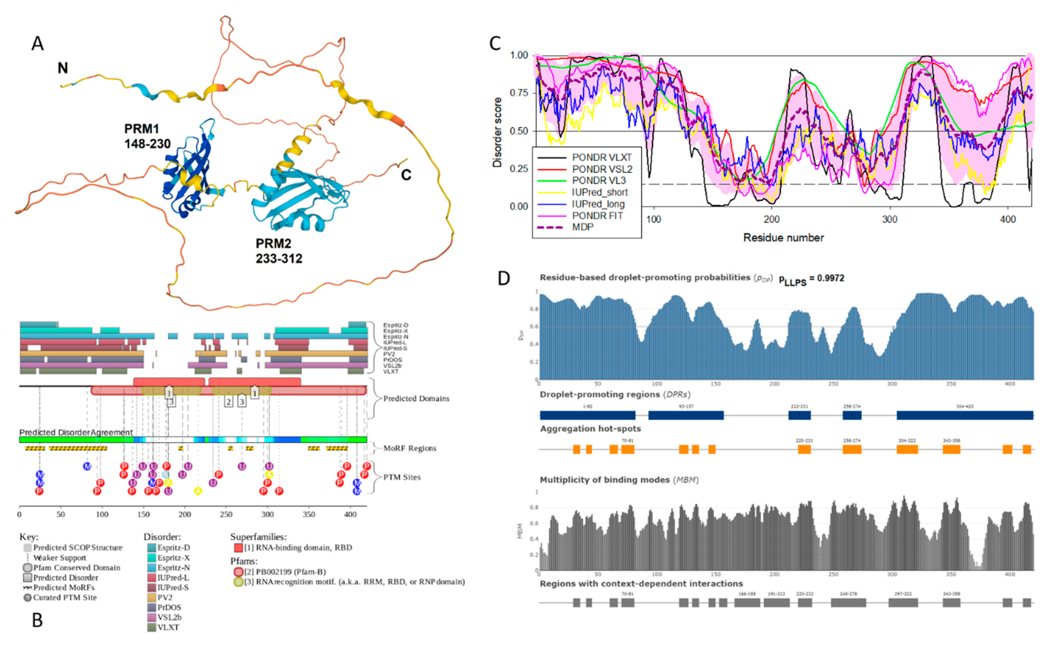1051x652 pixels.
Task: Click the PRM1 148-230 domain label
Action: [147, 136]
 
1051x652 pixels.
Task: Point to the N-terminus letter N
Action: [63, 68]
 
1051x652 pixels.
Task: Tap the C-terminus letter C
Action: [406, 175]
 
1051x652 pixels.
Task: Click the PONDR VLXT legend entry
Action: [602, 157]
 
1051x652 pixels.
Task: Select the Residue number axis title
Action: [783, 237]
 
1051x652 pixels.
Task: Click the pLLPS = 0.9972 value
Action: [811, 279]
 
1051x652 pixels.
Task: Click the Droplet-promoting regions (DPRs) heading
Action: [615, 395]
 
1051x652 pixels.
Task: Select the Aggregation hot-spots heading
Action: [590, 429]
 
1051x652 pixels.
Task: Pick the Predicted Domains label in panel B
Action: [416, 399]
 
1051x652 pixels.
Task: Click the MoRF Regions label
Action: [410, 448]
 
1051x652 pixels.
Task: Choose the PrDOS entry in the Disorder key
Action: [169, 607]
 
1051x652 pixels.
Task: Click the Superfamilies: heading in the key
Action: [258, 537]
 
